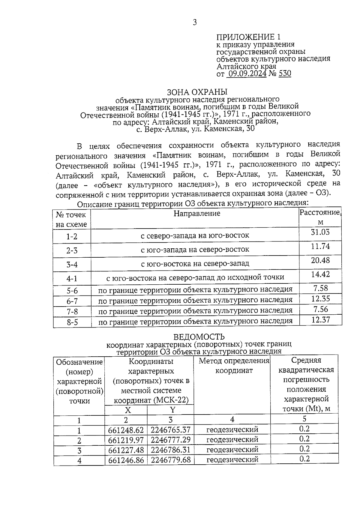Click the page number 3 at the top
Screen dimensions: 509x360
coord(194,22)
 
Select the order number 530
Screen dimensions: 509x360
coord(285,74)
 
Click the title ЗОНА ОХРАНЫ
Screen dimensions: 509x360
coord(197,91)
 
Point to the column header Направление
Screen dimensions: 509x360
coord(197,213)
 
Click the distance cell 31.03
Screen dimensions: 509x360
coord(320,232)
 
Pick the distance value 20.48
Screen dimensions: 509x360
coord(320,260)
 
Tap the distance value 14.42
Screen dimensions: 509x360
coord(320,274)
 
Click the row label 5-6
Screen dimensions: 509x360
coord(72,291)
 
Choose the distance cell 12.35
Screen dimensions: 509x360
coord(320,299)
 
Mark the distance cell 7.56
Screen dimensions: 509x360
coord(320,309)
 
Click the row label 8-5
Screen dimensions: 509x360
coord(72,322)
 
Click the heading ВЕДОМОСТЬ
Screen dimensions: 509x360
coord(199,337)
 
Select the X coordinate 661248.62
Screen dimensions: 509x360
coord(126,430)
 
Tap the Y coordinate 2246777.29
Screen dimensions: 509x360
coord(170,440)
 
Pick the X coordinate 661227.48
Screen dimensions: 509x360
coord(126,450)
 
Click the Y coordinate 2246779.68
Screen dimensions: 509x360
coord(170,460)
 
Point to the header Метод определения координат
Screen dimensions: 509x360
coord(234,366)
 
